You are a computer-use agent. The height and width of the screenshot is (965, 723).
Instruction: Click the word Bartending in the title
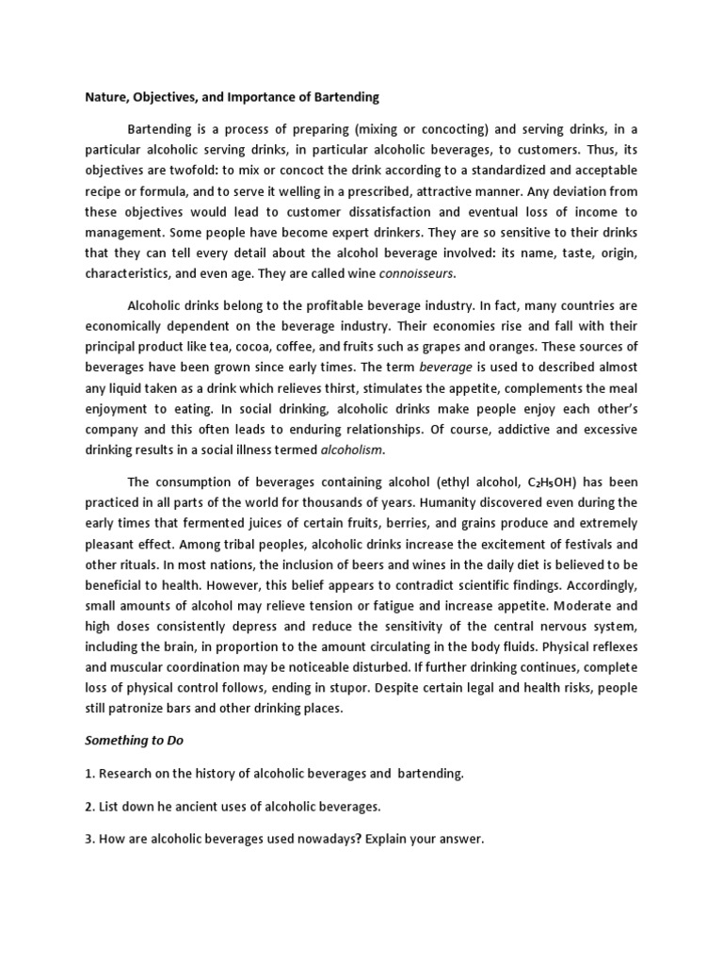(x=345, y=96)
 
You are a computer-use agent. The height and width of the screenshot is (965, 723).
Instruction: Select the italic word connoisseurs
(x=416, y=273)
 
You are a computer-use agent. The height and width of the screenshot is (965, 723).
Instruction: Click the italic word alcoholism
(x=351, y=450)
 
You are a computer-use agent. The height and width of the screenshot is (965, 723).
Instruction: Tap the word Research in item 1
(x=123, y=774)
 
